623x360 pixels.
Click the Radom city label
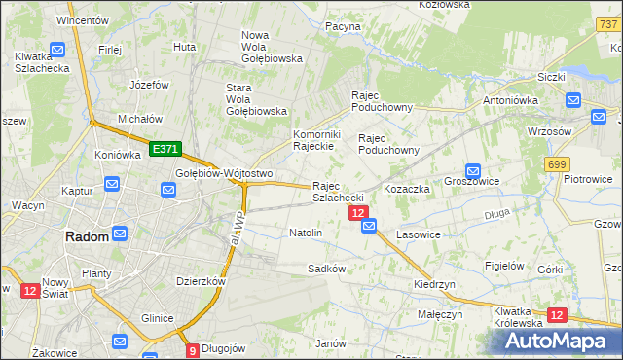[x=85, y=236]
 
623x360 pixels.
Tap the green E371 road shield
[x=165, y=149]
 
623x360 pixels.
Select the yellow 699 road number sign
[x=557, y=164]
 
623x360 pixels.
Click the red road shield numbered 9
[x=192, y=350]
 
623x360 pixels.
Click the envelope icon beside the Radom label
[x=120, y=234]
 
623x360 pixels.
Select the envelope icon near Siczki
[x=572, y=99]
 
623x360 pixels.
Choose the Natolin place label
[x=306, y=234]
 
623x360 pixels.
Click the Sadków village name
[x=327, y=268]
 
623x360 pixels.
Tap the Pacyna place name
[x=343, y=27]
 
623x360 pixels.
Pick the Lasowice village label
[x=419, y=234]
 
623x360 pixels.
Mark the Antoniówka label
[x=512, y=100]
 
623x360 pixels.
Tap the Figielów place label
[x=504, y=266]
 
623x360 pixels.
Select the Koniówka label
[x=118, y=155]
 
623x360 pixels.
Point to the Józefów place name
[x=149, y=85]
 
